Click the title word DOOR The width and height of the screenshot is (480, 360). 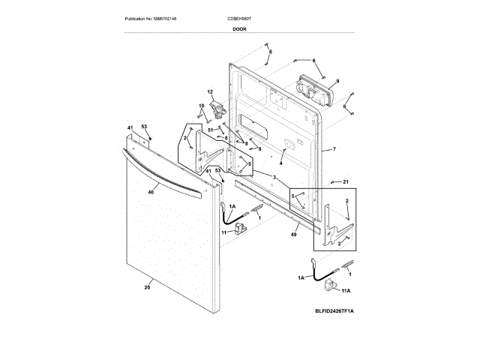tap(240, 28)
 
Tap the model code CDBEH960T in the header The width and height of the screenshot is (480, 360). tap(241, 17)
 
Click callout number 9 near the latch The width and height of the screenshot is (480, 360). tap(337, 80)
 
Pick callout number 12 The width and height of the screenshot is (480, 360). tap(211, 91)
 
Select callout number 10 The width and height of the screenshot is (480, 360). tap(201, 105)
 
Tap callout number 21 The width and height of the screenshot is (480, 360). tap(346, 181)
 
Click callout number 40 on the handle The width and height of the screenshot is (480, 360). tap(151, 193)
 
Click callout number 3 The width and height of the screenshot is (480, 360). tap(275, 177)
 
